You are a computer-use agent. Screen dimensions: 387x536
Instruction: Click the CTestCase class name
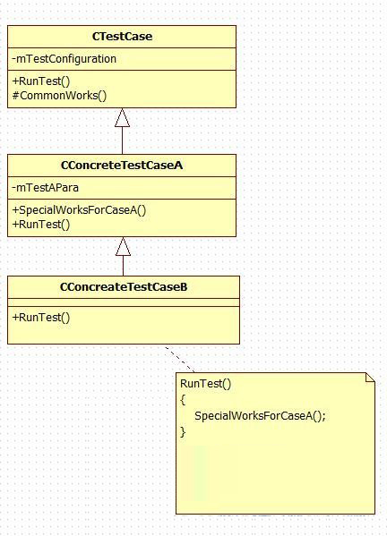[122, 37]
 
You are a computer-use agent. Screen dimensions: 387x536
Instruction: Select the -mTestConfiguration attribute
[64, 59]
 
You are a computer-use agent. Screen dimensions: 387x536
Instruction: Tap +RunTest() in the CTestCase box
[41, 81]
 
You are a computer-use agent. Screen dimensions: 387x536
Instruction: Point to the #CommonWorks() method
[59, 96]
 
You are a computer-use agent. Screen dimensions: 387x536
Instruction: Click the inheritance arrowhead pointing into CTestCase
[122, 117]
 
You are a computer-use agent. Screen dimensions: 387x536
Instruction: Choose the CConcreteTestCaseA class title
[122, 166]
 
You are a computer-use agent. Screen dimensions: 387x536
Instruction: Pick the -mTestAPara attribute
[45, 188]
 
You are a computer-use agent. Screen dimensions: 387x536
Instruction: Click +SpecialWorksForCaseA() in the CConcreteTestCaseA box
[79, 210]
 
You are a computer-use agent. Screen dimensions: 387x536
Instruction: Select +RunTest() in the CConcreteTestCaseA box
[41, 225]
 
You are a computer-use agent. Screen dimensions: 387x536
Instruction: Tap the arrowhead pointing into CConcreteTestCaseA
[123, 246]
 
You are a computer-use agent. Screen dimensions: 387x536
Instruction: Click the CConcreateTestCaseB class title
[124, 287]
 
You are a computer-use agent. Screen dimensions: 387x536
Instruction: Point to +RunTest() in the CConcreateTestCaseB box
[41, 318]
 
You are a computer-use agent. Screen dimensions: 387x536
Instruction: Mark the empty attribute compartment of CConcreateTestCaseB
[124, 302]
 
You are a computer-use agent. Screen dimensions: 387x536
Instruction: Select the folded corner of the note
[370, 378]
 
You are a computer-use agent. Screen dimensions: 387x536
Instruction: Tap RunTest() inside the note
[206, 384]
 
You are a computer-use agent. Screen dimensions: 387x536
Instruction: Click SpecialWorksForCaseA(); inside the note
[260, 416]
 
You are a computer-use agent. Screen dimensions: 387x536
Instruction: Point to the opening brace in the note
[183, 400]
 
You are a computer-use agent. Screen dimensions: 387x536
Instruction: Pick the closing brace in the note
[183, 432]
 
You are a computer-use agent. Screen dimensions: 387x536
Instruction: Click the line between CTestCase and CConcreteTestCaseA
[122, 140]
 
